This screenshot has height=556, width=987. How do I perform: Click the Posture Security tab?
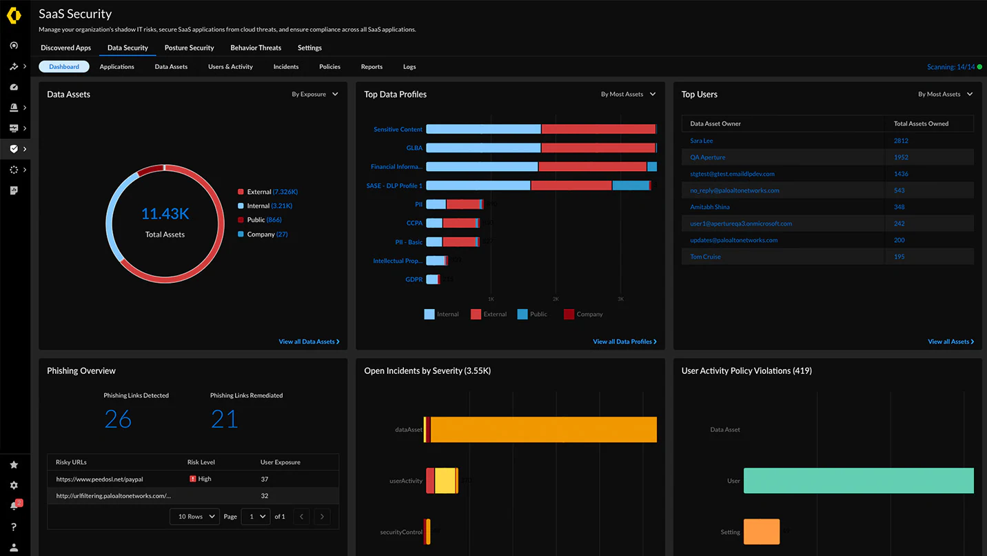(189, 48)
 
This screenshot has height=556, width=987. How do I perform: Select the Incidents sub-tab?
(285, 67)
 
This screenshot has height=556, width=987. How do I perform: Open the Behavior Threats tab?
(256, 48)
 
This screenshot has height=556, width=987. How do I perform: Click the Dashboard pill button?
(64, 67)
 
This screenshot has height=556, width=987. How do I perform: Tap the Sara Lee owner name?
(702, 141)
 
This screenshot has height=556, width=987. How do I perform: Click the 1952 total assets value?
(901, 157)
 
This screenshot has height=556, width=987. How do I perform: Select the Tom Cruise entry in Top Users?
(705, 257)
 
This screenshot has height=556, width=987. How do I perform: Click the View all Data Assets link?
(308, 341)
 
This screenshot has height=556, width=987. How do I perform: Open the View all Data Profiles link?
(624, 341)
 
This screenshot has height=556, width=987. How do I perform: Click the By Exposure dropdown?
(315, 95)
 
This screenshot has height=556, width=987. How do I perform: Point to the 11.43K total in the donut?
(165, 214)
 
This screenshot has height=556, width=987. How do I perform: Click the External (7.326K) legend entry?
(272, 192)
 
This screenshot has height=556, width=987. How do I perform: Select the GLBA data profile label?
(414, 148)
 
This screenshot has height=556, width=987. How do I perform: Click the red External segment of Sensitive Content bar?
(598, 129)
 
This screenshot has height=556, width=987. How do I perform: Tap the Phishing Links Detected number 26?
(118, 419)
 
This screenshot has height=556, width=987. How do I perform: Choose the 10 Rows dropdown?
(194, 516)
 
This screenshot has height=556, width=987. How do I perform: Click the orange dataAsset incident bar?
(543, 429)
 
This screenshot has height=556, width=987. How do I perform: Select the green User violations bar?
(858, 481)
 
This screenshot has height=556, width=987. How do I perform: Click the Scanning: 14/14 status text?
(950, 67)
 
